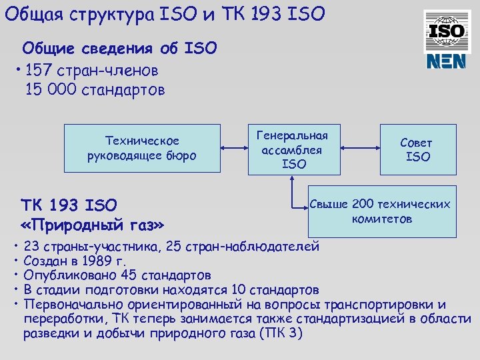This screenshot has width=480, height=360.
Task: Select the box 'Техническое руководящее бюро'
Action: [141, 149]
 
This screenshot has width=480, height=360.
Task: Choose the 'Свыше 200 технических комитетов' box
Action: [380, 211]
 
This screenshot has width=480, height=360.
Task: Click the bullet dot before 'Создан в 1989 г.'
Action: [16, 259]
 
